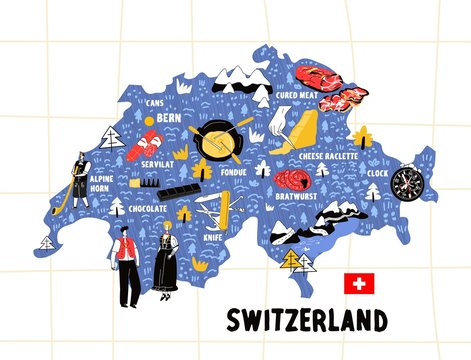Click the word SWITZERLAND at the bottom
pyautogui.click(x=306, y=321)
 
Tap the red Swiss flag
pyautogui.click(x=357, y=283)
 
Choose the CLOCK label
pyautogui.click(x=377, y=172)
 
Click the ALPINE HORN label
pyautogui.click(x=102, y=184)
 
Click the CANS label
pyautogui.click(x=154, y=102)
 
